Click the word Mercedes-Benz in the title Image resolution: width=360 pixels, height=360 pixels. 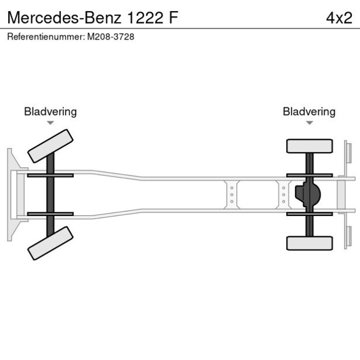tap(62, 17)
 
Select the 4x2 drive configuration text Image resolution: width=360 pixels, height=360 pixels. tap(339, 17)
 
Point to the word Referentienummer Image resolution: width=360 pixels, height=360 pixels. tap(45, 37)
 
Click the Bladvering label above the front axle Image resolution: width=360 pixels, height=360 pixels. tap(50, 111)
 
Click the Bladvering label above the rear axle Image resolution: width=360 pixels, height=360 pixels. tap(309, 111)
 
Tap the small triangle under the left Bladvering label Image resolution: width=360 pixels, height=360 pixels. tap(51, 123)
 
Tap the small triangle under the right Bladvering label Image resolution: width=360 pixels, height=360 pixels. tap(309, 123)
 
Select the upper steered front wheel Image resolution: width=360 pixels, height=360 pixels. tap(51, 146)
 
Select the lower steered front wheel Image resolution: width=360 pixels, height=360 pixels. tap(51, 243)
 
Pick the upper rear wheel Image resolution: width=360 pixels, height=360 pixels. tap(309, 146)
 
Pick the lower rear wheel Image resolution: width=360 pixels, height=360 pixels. tap(309, 243)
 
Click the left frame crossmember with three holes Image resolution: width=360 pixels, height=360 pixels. tap(232, 195)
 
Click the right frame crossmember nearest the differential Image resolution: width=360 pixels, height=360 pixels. tap(283, 195)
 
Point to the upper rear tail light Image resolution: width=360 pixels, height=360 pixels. tap(348, 152)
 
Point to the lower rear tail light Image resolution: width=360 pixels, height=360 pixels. tap(348, 237)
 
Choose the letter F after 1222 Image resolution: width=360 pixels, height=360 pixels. tap(174, 17)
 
